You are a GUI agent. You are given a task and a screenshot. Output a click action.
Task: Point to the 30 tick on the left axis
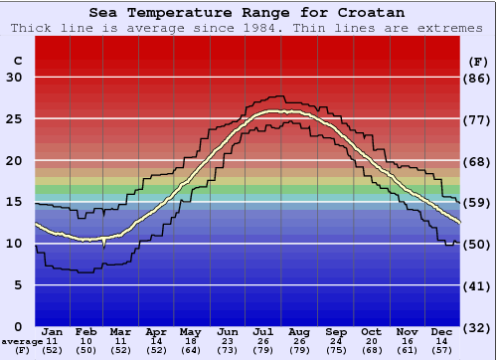[14, 78]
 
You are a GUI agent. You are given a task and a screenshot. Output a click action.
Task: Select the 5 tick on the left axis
[18, 284]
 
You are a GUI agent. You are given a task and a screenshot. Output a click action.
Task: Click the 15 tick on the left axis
[14, 202]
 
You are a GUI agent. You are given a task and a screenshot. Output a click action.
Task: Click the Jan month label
[53, 331]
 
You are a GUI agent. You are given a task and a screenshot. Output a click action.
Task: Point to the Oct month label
[371, 331]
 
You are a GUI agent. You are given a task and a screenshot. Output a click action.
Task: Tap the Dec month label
[442, 331]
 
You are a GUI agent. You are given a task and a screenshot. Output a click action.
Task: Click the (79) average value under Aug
[299, 351]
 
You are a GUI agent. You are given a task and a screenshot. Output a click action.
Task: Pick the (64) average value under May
[191, 351]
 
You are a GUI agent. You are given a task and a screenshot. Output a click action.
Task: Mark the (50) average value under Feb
[86, 351]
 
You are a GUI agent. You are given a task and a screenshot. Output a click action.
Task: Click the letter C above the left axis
[17, 62]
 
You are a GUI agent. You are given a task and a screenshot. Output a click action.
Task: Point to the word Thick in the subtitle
[32, 28]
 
